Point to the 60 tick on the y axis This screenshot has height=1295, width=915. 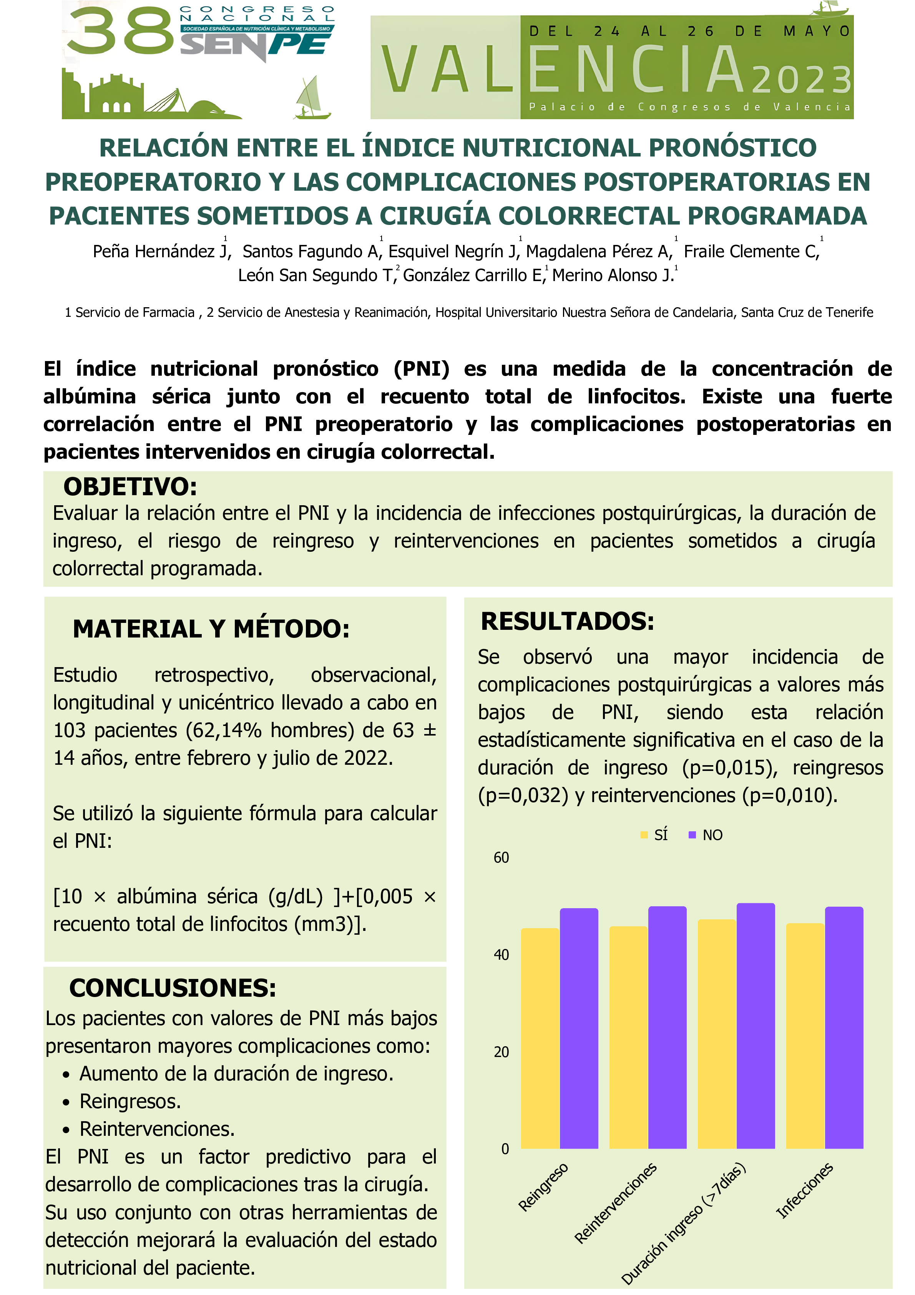[501, 858]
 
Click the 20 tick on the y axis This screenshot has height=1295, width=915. [501, 1052]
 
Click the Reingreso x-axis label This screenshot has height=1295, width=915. [543, 1187]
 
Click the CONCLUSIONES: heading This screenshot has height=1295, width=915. [173, 988]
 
